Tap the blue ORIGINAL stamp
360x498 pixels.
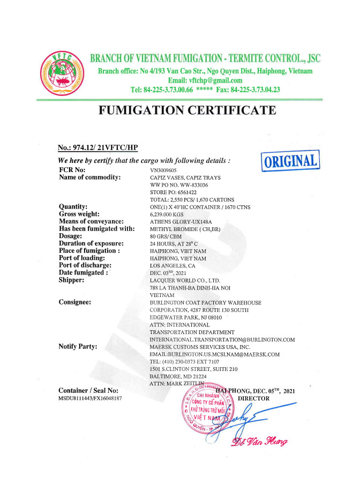click(x=289, y=160)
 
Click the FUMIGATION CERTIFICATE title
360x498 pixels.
click(x=187, y=112)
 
